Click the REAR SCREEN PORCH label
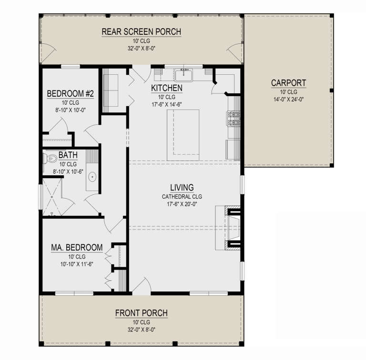141,32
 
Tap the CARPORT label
288,83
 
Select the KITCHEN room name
166,88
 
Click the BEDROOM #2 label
70,94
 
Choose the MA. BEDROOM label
77,248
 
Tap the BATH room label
66,156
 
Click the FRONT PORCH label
141,313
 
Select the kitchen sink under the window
183,75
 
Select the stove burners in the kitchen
234,119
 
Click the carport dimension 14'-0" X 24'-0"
288,99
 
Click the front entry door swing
140,287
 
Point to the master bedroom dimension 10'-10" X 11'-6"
77,264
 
